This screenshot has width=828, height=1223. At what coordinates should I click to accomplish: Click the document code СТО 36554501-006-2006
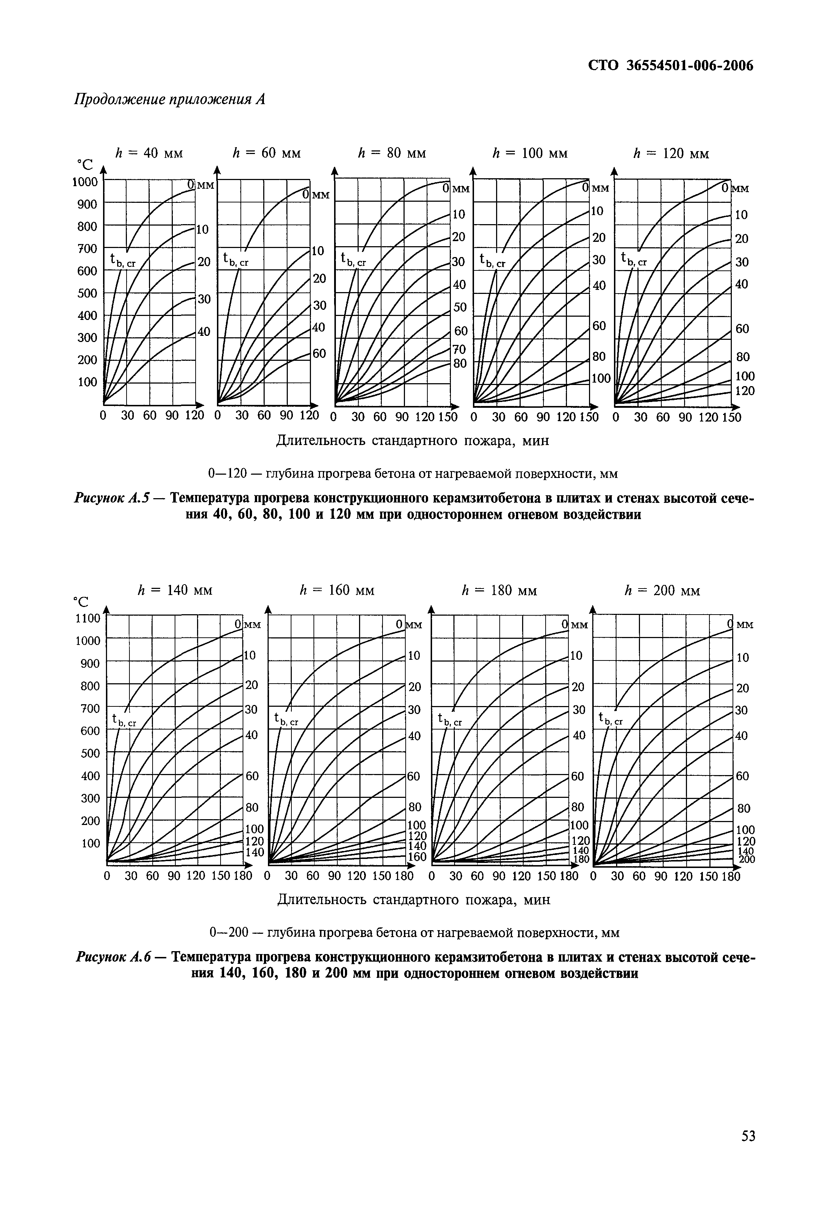click(671, 66)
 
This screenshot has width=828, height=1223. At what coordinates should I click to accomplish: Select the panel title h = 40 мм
click(149, 153)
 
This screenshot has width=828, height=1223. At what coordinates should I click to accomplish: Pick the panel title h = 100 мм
click(530, 153)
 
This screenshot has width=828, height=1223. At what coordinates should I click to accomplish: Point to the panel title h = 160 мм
click(337, 590)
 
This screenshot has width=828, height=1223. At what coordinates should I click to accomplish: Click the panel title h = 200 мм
click(662, 590)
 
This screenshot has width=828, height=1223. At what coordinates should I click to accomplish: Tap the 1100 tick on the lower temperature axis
click(88, 618)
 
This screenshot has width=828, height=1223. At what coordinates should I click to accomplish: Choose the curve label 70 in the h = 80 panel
click(460, 350)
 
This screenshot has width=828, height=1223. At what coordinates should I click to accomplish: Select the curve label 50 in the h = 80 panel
click(460, 307)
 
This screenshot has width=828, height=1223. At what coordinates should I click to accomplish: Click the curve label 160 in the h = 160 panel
click(417, 857)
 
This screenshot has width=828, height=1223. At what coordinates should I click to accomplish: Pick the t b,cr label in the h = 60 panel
click(235, 260)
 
